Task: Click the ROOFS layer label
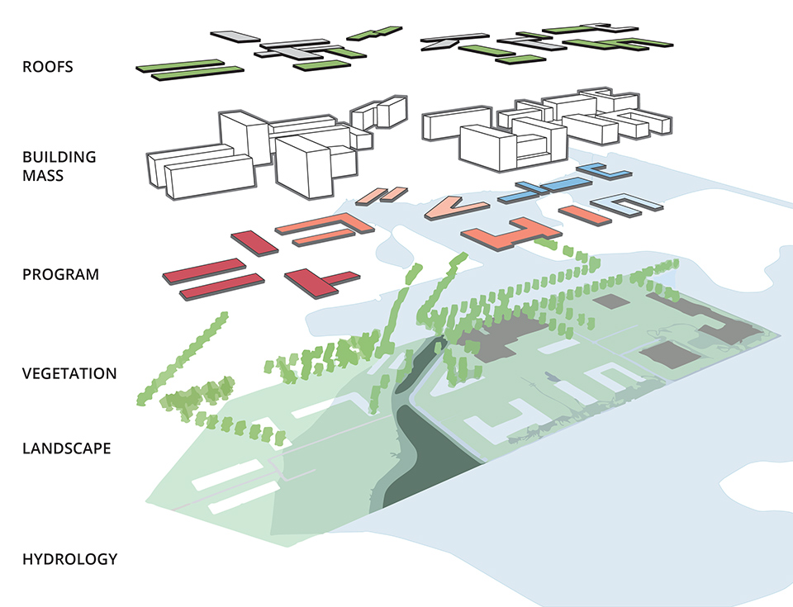click(47, 67)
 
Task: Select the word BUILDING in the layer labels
click(59, 157)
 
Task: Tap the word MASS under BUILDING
click(42, 176)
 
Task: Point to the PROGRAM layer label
click(60, 274)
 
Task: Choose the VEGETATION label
click(69, 373)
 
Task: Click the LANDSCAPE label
click(66, 449)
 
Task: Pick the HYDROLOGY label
click(69, 559)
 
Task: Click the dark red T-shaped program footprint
click(318, 280)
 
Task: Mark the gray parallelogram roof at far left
click(235, 37)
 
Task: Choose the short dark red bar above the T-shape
click(253, 243)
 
